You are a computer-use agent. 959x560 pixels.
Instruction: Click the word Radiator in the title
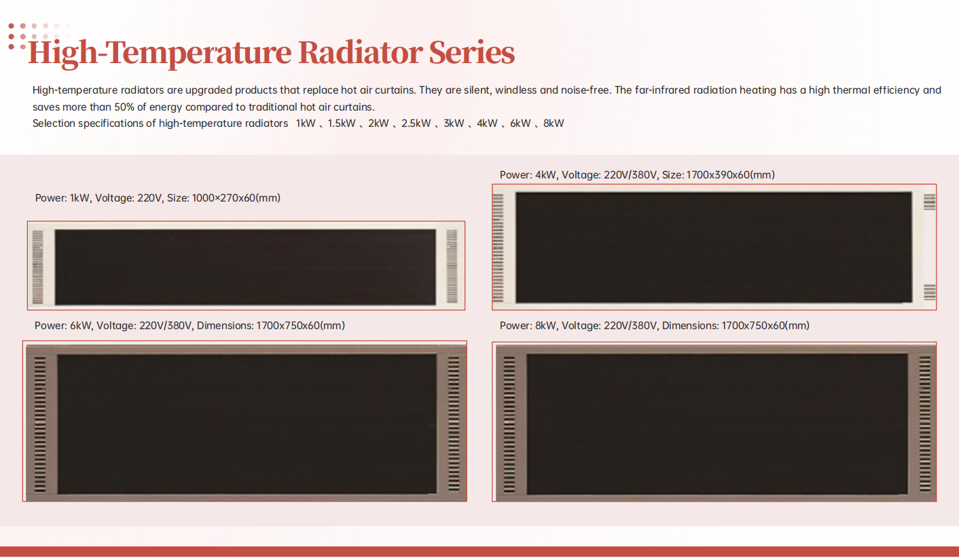[x=361, y=53]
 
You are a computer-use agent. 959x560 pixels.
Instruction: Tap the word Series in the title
[x=472, y=53]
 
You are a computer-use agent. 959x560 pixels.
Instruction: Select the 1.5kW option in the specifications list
[x=341, y=124]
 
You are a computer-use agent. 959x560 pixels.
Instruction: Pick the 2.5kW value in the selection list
[x=416, y=124]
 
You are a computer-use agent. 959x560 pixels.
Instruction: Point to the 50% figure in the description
[x=124, y=107]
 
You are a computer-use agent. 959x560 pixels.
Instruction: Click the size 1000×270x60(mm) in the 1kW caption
[x=236, y=198]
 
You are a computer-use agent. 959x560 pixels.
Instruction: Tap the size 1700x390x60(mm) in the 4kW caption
[x=730, y=175]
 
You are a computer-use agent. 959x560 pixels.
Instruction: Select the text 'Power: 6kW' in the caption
[x=63, y=326]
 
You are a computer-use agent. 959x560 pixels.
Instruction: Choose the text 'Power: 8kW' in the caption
[x=528, y=326]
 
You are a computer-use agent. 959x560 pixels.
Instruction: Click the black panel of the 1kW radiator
[x=245, y=267]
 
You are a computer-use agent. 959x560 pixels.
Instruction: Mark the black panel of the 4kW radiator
[x=714, y=247]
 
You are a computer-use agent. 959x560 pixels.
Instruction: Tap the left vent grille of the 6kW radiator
[x=40, y=424]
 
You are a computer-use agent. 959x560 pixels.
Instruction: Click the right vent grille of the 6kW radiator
[x=454, y=424]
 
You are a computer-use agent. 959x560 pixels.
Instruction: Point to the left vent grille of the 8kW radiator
[x=509, y=424]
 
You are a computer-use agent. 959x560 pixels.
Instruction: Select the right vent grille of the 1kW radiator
[x=452, y=266]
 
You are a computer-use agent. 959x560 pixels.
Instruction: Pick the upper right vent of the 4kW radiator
[x=929, y=202]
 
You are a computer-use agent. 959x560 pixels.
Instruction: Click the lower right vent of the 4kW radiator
[x=929, y=292]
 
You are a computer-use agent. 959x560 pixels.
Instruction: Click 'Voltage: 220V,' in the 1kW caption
[x=129, y=198]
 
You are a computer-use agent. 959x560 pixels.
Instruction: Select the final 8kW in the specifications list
[x=554, y=124]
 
